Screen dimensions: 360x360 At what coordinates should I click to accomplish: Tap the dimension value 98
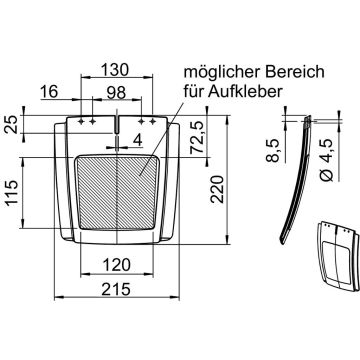click(117, 92)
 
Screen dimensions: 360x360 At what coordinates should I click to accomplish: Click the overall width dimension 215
click(118, 286)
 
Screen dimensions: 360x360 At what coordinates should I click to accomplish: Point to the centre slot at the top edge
click(117, 124)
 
